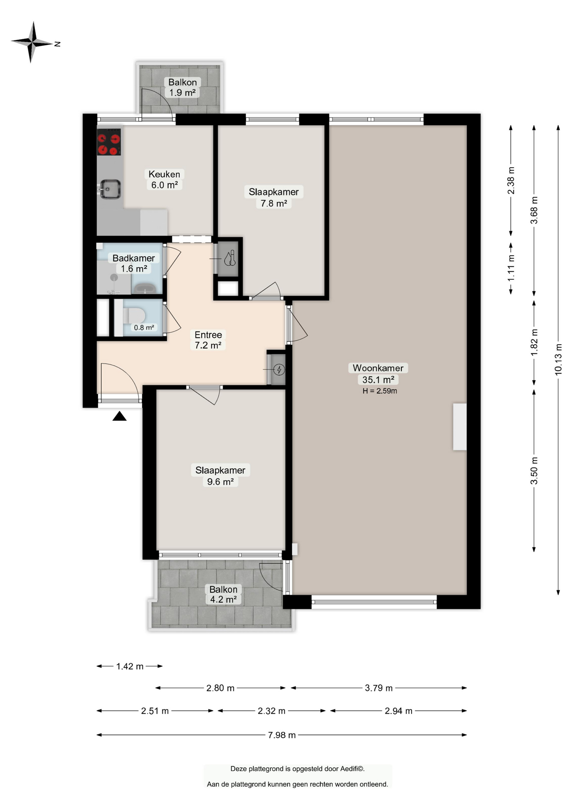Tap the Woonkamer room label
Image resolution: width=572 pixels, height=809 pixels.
378,368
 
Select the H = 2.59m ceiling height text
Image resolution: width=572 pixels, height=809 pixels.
380,391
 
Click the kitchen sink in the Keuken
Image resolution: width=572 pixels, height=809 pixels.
110,189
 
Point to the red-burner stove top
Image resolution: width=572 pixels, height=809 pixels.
109,142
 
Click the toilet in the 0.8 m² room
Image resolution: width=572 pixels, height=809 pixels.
134,315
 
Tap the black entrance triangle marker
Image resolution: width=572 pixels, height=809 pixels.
120,416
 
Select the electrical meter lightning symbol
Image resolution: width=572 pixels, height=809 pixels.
279,370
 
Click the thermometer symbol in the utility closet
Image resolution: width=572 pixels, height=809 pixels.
230,258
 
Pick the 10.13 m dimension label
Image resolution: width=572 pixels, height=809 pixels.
558,359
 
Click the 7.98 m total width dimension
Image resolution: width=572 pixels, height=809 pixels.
282,735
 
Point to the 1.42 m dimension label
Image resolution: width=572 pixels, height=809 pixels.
130,666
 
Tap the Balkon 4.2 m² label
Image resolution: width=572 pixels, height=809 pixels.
223,594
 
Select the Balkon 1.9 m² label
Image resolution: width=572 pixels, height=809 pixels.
182,87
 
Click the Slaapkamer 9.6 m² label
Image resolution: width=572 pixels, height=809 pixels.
220,476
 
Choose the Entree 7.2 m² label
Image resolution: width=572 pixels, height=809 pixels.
208,340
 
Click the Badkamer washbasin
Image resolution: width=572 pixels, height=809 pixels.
145,289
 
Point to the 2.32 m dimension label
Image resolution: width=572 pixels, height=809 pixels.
272,711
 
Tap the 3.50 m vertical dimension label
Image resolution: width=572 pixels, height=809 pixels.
534,470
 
